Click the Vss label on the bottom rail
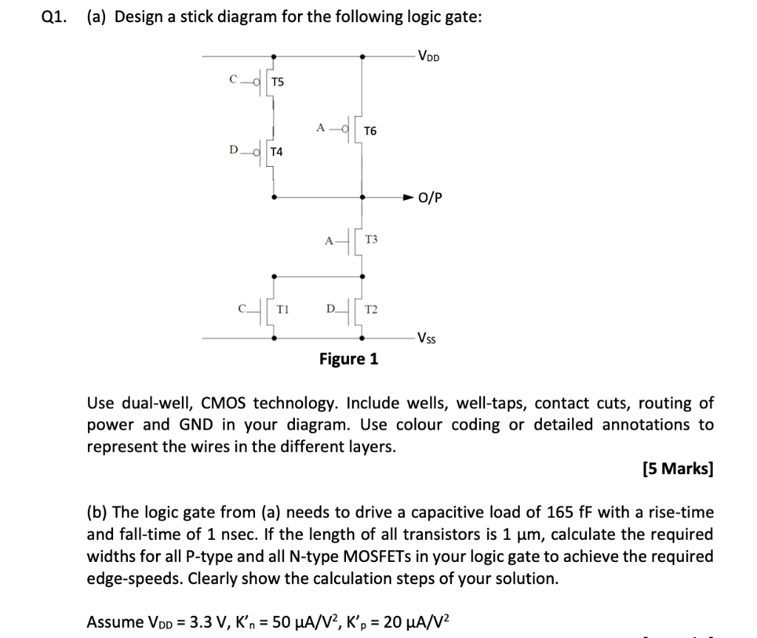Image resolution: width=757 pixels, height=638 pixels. pyautogui.click(x=426, y=339)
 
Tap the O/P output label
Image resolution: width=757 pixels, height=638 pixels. pyautogui.click(x=430, y=198)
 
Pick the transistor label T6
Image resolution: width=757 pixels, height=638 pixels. pyautogui.click(x=370, y=131)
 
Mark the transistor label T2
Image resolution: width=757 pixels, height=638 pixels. pyautogui.click(x=372, y=311)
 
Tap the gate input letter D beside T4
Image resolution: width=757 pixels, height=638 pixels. pyautogui.click(x=234, y=151)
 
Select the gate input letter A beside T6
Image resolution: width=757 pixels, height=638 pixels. pyautogui.click(x=321, y=127)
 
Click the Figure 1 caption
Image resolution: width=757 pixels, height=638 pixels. pyautogui.click(x=348, y=360)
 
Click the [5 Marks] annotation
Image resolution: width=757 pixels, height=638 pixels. pyautogui.click(x=678, y=469)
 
